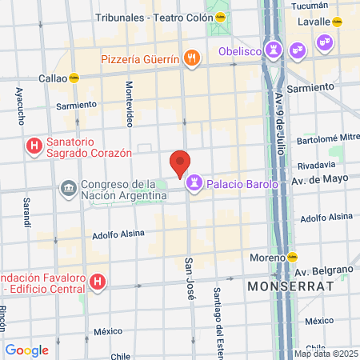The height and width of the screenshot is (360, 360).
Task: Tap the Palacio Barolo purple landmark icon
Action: [194, 184]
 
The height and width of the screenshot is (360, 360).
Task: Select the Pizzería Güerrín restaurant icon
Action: [190, 58]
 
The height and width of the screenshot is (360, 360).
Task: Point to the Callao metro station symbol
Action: [74, 78]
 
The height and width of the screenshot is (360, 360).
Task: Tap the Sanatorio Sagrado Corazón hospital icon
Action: [34, 146]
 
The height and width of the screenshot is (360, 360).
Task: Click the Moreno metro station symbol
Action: [293, 258]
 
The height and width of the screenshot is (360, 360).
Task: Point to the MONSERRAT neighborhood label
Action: [289, 285]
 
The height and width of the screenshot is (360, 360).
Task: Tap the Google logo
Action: [26, 350]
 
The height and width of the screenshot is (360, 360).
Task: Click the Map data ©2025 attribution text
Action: [324, 353]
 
